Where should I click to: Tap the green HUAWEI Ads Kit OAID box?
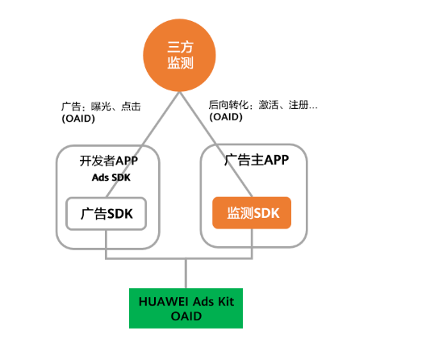186,308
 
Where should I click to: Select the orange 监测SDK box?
251,212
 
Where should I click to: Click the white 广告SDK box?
107,214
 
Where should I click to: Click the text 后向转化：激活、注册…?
263,105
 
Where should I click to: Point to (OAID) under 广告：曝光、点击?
78,119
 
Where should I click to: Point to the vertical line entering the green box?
186,274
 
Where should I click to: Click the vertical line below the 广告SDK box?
107,244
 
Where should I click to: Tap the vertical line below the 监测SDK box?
252,243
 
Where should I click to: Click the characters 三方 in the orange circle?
180,46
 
